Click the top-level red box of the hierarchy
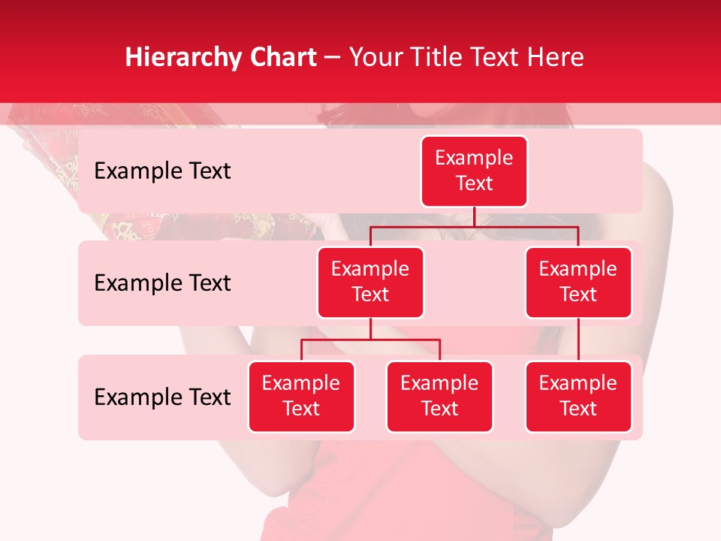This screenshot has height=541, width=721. pos(474,171)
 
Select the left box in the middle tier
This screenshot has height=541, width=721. pos(370,283)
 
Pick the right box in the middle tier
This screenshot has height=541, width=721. pos(578,283)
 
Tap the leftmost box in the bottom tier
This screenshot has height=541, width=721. pos(301,397)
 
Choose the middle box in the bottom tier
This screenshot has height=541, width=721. pos(439,397)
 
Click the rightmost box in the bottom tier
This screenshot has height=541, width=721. pos(578,397)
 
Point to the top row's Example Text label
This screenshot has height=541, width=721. pos(162,171)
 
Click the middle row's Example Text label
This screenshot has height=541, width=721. pos(162,283)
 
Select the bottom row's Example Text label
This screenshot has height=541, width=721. pos(162,397)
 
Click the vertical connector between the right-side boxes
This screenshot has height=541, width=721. pos(578,340)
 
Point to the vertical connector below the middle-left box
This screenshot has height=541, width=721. pos(370,328)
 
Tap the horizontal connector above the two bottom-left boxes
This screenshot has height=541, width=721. pos(370,340)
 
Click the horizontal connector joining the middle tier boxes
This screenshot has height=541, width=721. pos(474,226)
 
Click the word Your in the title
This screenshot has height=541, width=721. pos(373,58)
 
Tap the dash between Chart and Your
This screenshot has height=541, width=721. pos(333,58)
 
